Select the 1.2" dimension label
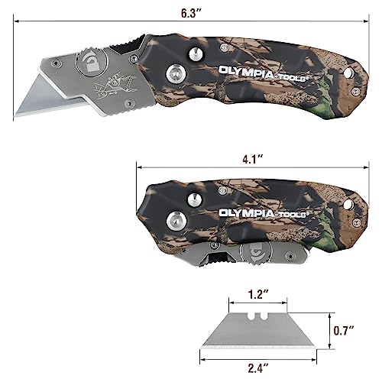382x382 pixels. click(257, 293)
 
